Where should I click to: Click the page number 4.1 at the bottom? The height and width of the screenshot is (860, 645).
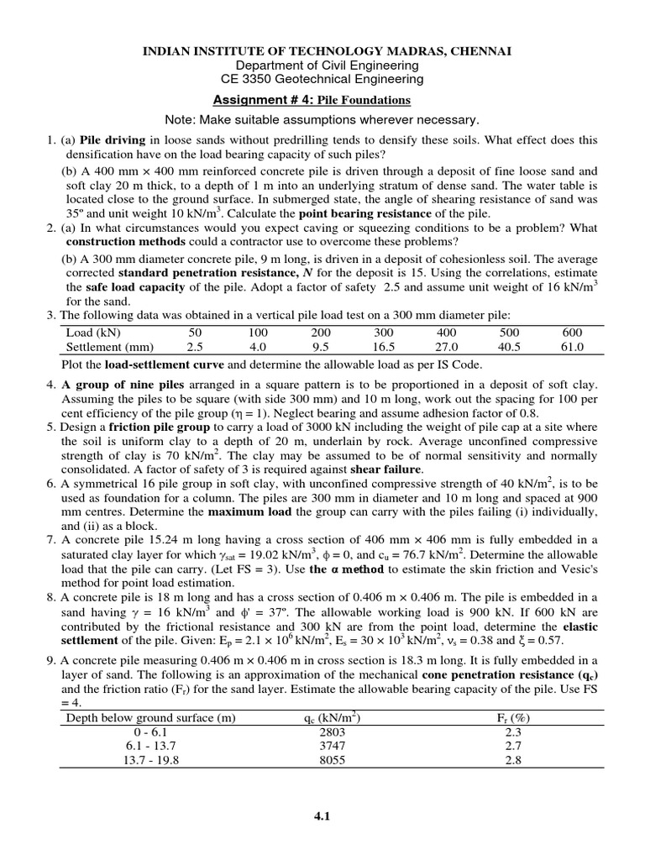pos(322,824)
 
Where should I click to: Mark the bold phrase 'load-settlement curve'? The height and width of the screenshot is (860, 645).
pos(163,364)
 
